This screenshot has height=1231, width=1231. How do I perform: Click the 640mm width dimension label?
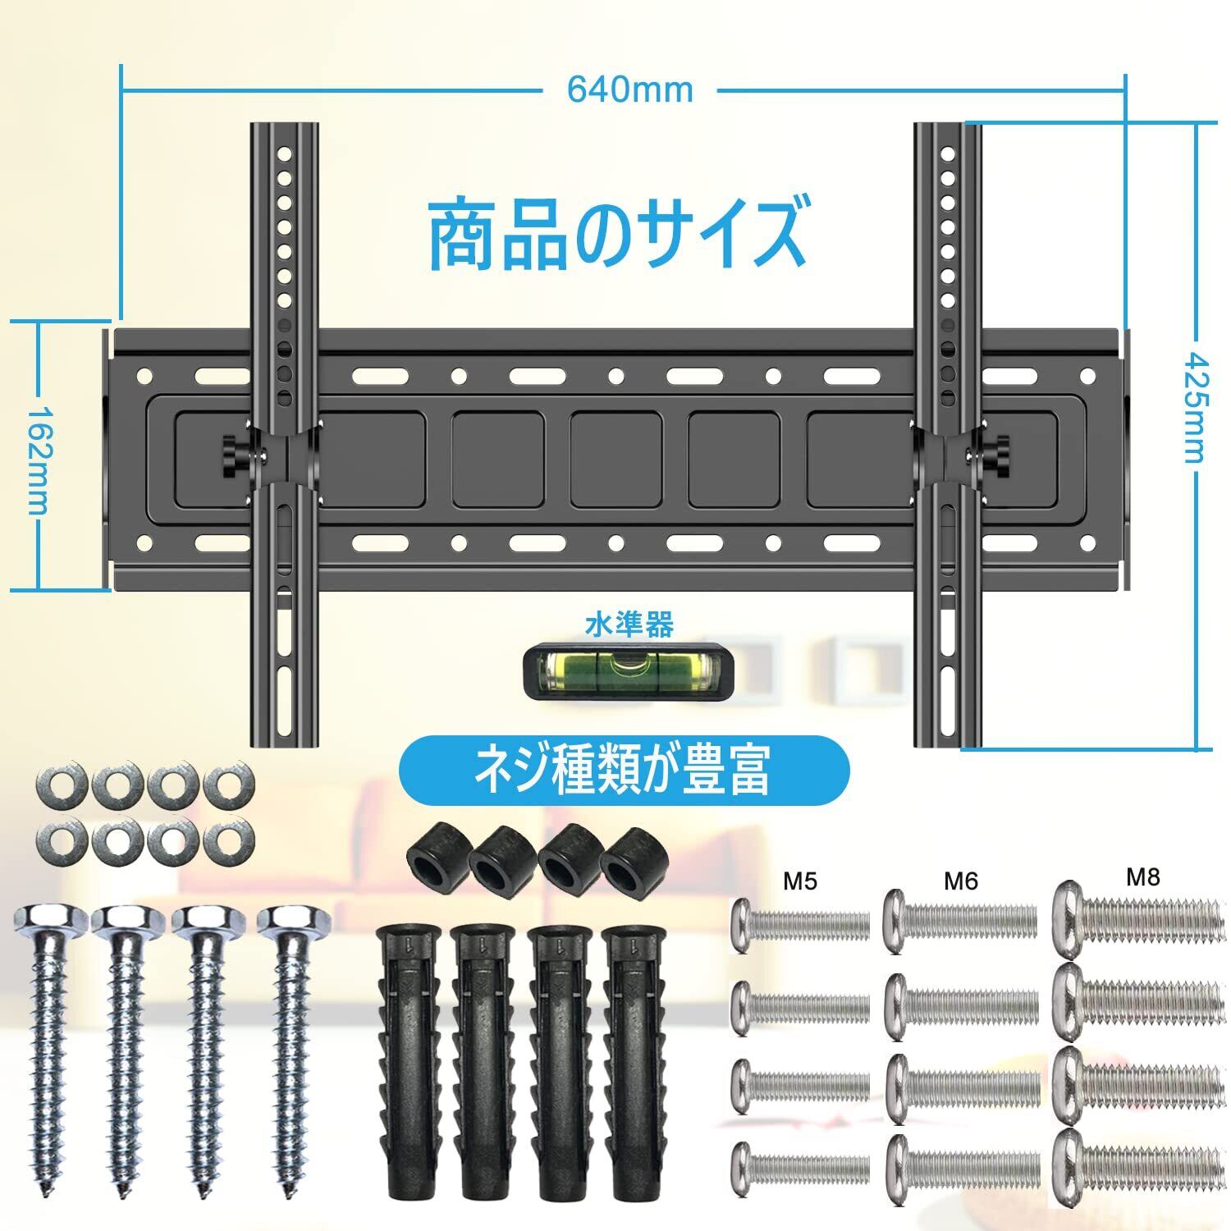click(x=629, y=89)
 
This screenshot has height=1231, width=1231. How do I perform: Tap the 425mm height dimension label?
click(x=1196, y=408)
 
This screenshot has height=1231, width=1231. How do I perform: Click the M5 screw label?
click(x=800, y=882)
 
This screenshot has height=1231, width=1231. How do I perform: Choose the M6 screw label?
click(x=961, y=882)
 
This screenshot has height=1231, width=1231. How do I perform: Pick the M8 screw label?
click(x=1143, y=877)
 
